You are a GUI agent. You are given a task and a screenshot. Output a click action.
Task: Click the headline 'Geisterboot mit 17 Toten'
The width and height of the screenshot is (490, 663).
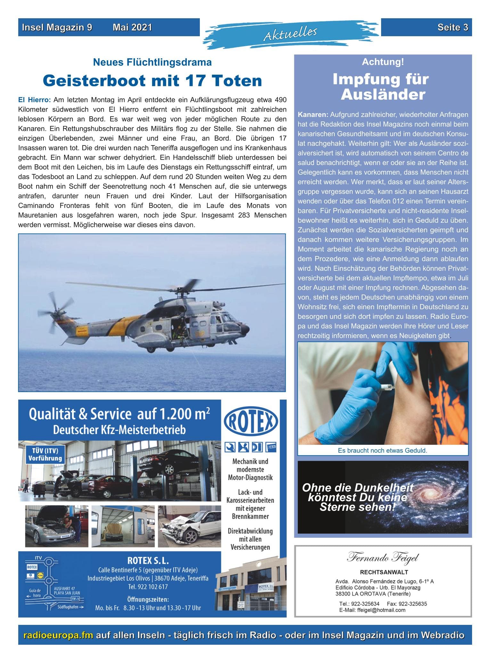(x=152, y=80)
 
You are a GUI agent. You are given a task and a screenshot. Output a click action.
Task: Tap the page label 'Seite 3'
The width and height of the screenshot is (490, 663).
(x=453, y=28)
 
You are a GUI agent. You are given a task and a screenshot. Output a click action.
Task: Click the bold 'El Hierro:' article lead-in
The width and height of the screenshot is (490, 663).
(x=35, y=100)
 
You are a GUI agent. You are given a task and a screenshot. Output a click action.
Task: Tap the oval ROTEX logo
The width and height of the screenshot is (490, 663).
(x=251, y=423)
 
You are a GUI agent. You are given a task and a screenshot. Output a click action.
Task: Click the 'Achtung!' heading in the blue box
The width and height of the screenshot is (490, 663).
(x=383, y=62)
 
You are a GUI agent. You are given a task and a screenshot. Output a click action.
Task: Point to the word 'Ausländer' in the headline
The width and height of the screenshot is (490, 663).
(x=383, y=95)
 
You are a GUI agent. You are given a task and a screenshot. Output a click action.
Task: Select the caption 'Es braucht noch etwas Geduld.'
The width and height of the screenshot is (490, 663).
(x=382, y=450)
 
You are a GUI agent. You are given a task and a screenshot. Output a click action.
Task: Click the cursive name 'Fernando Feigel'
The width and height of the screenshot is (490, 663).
(x=383, y=558)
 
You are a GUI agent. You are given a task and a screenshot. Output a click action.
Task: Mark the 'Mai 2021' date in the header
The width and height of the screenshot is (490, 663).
(x=132, y=28)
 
